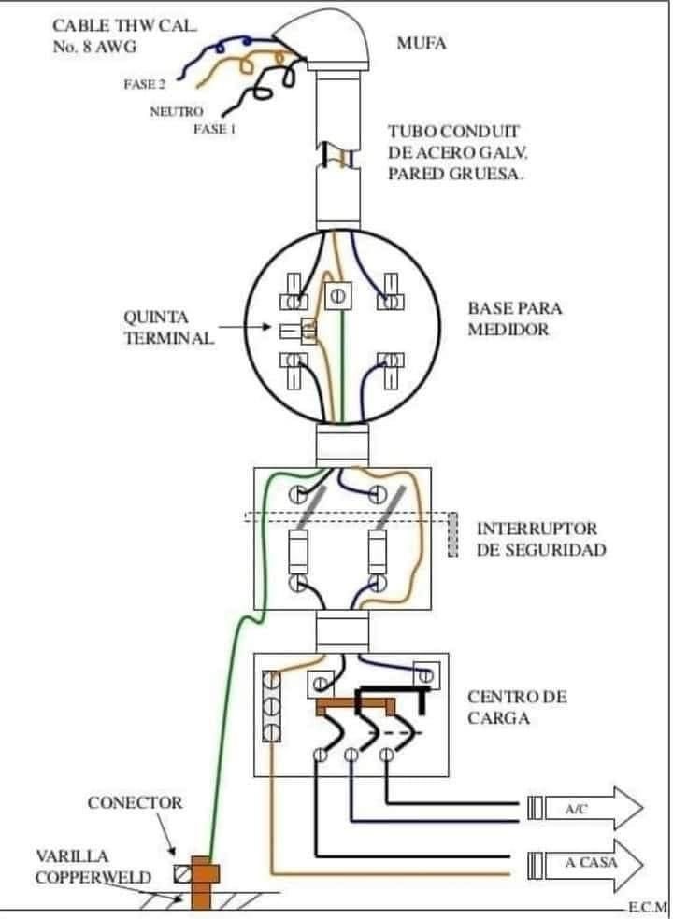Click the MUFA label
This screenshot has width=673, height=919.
click(x=422, y=43)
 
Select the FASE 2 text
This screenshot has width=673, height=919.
click(x=144, y=84)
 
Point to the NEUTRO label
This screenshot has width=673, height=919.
click(x=177, y=111)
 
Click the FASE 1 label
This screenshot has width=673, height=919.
click(x=215, y=130)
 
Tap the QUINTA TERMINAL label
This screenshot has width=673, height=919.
click(x=168, y=328)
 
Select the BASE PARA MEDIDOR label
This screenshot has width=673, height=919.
click(x=515, y=318)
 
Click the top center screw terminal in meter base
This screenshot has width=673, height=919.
click(x=337, y=296)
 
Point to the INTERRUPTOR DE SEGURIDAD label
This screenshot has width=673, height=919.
click(x=541, y=539)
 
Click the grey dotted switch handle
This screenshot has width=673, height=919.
click(x=452, y=534)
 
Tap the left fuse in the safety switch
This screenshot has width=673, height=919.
click(x=298, y=552)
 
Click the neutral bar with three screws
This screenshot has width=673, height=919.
click(x=272, y=707)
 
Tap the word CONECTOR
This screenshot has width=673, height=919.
click(x=135, y=803)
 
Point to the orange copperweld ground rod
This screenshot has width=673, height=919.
click(x=201, y=883)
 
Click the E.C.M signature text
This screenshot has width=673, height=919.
click(x=648, y=908)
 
